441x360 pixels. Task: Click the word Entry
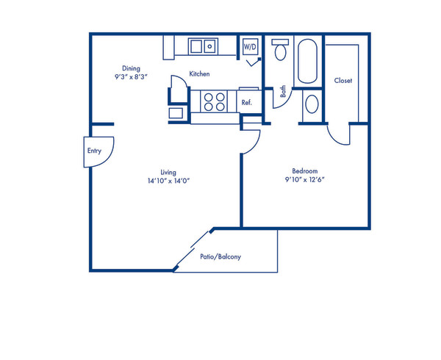pyautogui.click(x=94, y=151)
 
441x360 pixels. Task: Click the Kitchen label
pyautogui.click(x=200, y=74)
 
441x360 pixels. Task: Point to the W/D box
pyautogui.click(x=251, y=48)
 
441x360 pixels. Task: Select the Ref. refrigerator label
pyautogui.click(x=247, y=103)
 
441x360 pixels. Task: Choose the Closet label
pyautogui.click(x=343, y=80)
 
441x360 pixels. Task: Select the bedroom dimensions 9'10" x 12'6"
pyautogui.click(x=301, y=180)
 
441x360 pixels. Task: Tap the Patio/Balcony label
pyautogui.click(x=220, y=257)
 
